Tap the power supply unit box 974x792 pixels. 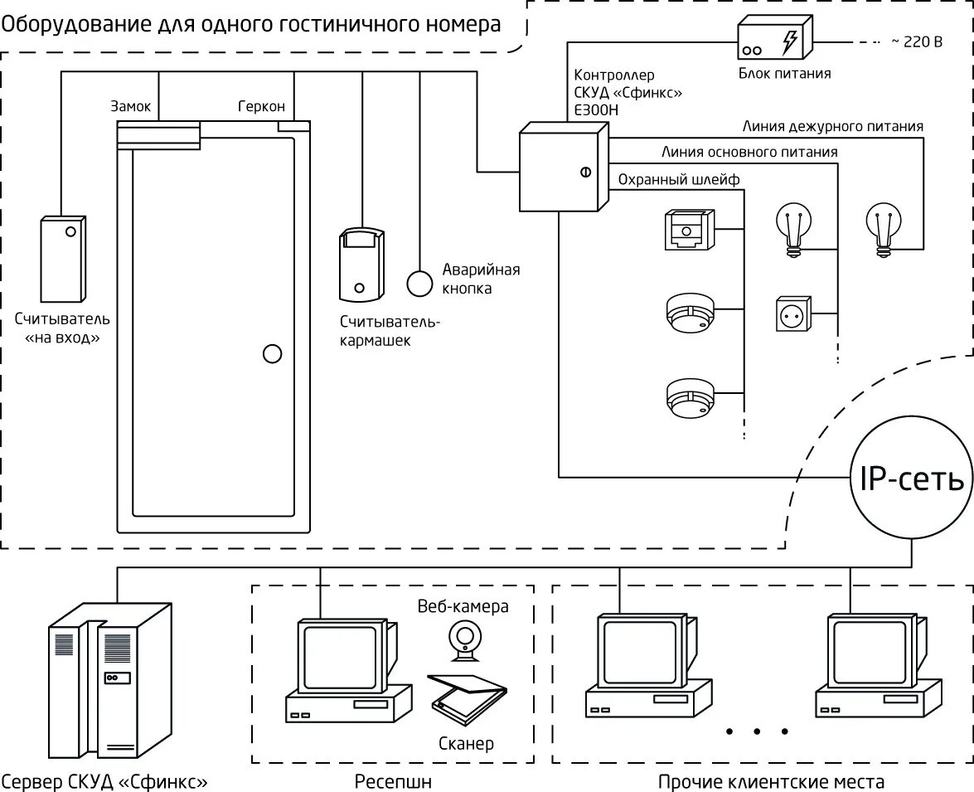774,37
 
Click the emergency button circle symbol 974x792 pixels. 419,284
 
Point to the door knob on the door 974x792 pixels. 272,354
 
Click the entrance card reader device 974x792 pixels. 63,260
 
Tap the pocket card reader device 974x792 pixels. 361,265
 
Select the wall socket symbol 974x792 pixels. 793,314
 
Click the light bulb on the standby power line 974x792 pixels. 884,229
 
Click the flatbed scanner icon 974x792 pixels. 468,699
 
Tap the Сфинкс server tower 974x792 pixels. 110,680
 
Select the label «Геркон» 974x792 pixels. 261,106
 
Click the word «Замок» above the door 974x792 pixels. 130,106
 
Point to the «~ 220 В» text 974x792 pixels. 917,41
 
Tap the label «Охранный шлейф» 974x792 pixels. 678,180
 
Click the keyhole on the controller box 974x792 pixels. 585,172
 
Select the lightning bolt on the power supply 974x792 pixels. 789,41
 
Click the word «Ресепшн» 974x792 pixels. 393,781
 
